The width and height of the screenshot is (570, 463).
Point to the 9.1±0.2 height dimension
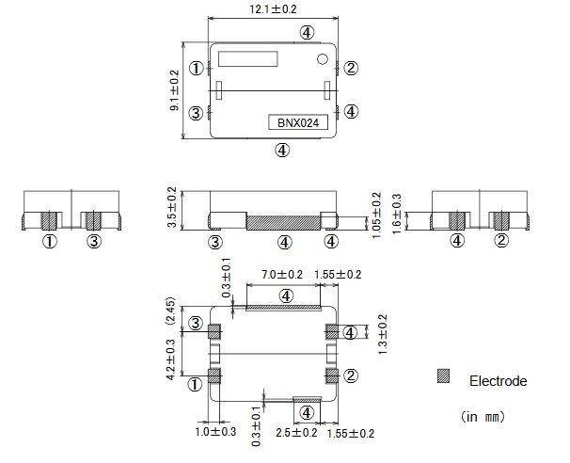pos(174,91)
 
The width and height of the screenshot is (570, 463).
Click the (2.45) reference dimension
pos(171,310)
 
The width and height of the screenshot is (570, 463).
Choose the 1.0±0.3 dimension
pos(216,432)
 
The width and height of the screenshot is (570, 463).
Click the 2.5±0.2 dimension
pos(297,433)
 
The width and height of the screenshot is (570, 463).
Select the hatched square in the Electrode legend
pos(443,375)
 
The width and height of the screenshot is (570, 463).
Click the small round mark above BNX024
pos(323,61)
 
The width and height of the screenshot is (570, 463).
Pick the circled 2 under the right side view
pos(501,242)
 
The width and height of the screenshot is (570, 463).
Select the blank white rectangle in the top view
pos(248,58)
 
